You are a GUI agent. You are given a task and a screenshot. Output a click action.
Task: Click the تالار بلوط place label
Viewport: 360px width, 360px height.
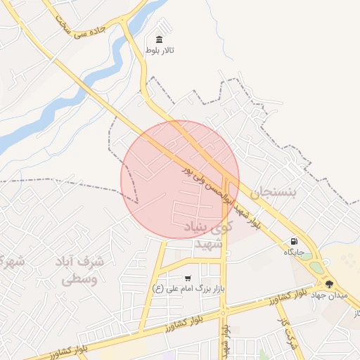click(x=160, y=51)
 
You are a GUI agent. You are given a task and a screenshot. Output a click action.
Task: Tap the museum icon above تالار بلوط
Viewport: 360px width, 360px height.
click(x=160, y=39)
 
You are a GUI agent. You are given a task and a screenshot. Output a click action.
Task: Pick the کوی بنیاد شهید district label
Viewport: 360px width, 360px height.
click(x=207, y=235)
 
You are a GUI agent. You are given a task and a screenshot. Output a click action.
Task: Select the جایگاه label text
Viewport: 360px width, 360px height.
click(x=294, y=251)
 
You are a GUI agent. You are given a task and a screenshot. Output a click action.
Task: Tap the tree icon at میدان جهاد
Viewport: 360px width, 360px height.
click(x=329, y=284)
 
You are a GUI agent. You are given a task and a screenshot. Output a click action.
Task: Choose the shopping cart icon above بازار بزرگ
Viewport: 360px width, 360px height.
click(x=187, y=278)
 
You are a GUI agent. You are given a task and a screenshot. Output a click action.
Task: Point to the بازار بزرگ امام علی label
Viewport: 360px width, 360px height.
click(x=187, y=288)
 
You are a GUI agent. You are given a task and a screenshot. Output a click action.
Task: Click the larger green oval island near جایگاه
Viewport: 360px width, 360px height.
click(x=317, y=268)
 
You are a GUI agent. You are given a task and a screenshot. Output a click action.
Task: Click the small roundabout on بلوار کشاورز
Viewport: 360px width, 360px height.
click(x=224, y=312)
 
